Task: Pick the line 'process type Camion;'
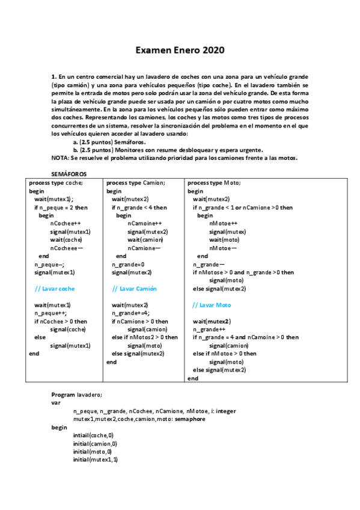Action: click(135, 182)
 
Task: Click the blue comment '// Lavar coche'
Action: click(55, 289)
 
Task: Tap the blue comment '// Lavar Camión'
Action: click(134, 289)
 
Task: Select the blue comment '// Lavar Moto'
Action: click(211, 305)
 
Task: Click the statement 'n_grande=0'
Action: click(128, 264)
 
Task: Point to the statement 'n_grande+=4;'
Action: click(130, 313)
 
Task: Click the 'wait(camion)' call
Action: click(145, 239)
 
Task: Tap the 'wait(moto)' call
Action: click(224, 239)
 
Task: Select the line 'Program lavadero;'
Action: click(77, 394)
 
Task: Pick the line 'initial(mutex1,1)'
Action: click(96, 459)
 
